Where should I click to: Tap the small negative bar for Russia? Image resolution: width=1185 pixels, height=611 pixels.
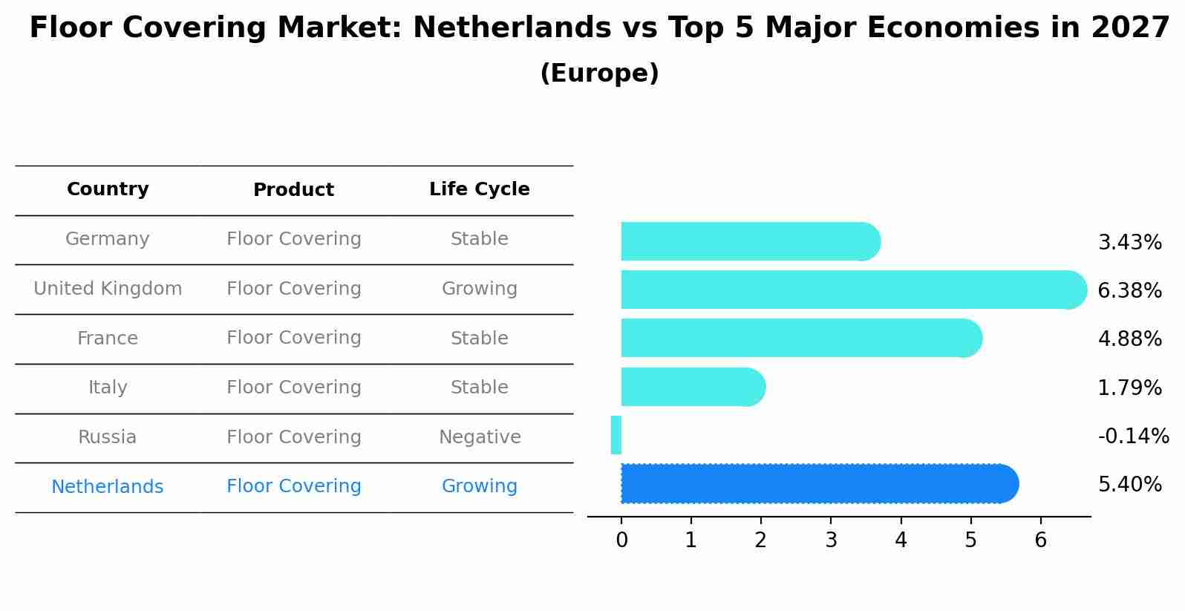[616, 435]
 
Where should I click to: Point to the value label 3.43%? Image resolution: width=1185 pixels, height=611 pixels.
[1129, 243]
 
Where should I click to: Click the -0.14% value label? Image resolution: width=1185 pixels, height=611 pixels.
[1133, 437]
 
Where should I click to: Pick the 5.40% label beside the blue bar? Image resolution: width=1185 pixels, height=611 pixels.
[1129, 485]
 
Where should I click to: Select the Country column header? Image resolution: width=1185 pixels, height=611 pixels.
[108, 189]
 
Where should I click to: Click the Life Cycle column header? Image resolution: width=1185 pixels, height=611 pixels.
[479, 189]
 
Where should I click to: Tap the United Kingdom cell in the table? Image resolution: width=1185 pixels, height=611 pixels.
[108, 289]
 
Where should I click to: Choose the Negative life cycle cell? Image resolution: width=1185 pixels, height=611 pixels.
[480, 437]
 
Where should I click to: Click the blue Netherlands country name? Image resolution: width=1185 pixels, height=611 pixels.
[108, 487]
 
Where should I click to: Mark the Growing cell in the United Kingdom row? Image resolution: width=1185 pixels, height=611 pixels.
[479, 289]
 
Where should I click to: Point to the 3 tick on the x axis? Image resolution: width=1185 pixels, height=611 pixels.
[831, 540]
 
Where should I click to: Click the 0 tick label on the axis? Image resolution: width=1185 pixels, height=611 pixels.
[621, 540]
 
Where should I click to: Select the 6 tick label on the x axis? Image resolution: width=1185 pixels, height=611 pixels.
[1040, 540]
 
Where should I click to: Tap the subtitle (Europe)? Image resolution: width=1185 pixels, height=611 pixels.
[599, 73]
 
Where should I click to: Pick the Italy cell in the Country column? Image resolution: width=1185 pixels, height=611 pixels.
[108, 388]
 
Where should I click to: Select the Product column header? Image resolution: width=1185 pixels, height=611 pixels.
[293, 190]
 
